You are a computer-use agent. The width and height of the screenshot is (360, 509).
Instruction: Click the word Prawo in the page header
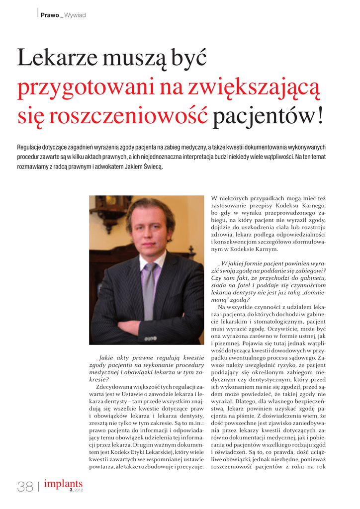[x=50, y=15]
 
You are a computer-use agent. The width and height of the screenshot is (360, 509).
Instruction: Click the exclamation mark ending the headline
[x=320, y=118]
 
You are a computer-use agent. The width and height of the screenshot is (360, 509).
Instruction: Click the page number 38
[x=25, y=487]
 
